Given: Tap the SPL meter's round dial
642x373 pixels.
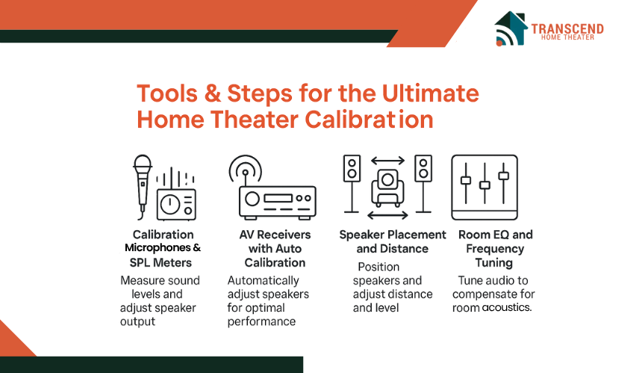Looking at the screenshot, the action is [170, 204].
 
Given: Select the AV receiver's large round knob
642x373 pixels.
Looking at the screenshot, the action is [252, 199].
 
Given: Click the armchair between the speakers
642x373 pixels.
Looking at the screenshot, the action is [387, 188].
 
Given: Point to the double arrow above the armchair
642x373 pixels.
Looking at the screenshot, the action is [387, 161].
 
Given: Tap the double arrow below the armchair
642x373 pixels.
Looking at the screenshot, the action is [387, 215].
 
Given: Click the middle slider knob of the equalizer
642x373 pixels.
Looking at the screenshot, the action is [484, 185].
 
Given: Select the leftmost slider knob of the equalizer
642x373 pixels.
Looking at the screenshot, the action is [466, 180].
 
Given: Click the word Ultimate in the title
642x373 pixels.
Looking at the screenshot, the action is [430, 93].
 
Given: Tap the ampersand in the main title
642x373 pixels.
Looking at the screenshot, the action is [213, 93].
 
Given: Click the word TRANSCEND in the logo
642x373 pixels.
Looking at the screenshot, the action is [567, 28].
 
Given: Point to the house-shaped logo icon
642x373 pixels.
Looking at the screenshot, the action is [511, 28].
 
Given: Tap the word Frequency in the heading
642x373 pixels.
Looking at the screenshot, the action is [495, 249].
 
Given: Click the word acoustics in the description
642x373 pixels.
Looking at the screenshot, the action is [507, 307].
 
